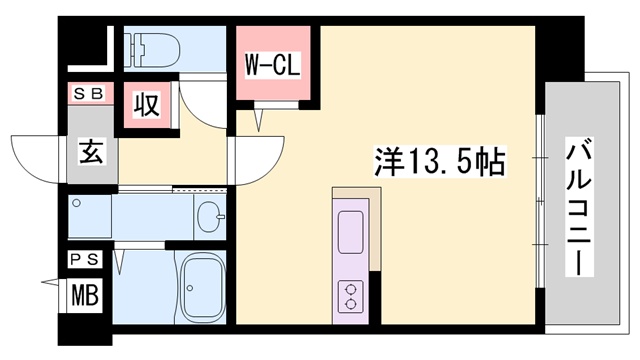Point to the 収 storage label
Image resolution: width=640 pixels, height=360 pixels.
point(147,105)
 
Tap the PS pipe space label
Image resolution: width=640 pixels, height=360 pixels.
point(84,260)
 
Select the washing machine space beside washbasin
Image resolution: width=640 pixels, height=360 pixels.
point(90,216)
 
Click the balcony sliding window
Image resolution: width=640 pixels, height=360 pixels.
point(540,210)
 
